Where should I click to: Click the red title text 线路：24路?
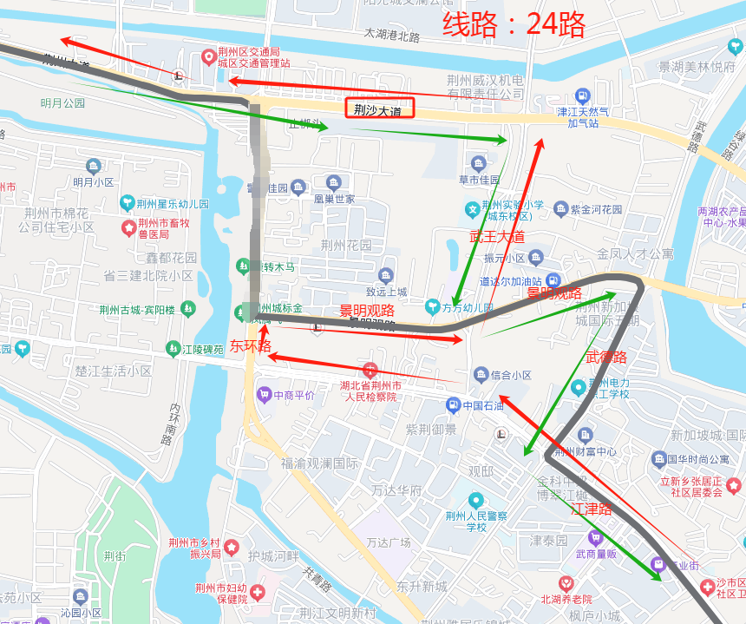coord(514,24)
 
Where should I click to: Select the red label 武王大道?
coord(497,236)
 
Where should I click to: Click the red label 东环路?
coord(251,345)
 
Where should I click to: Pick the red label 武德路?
coord(606,357)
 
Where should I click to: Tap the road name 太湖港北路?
coord(391,36)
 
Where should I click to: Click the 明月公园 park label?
coord(62,102)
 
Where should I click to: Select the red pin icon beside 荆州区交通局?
coord(208,57)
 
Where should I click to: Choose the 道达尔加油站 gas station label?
coord(510,281)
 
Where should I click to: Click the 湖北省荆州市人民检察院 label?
coord(370,391)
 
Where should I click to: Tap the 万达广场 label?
coord(388,542)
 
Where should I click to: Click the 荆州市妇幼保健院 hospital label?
coord(220,593)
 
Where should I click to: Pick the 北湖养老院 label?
coord(566,599)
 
